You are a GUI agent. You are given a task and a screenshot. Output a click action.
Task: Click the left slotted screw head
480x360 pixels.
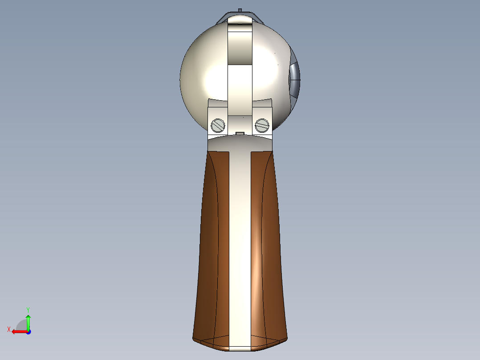coord(218,126)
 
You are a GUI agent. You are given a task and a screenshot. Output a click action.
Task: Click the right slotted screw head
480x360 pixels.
coord(262,126)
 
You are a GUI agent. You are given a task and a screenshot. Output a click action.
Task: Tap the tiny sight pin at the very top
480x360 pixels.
coord(240,9)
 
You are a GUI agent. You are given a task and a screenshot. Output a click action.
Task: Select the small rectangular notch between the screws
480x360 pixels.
coord(240,133)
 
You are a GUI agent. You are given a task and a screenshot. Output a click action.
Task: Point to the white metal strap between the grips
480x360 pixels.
coord(240,245)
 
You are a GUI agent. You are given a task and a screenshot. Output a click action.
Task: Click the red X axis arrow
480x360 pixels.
coord(18,331)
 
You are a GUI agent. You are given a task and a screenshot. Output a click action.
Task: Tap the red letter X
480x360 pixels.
coord(9,329)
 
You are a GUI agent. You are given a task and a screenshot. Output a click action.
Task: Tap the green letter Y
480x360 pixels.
coord(28,309)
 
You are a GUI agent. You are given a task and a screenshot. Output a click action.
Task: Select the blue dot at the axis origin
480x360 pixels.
coord(28,332)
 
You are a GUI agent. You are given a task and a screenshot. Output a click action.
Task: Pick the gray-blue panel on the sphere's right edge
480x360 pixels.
coord(295,80)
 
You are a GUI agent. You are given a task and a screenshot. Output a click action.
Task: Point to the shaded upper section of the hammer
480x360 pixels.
coord(240,47)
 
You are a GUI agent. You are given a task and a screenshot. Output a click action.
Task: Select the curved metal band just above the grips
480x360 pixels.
coord(240,143)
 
